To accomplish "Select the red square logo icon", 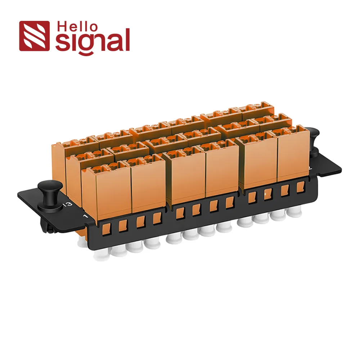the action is click(x=34, y=36).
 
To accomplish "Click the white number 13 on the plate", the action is click(x=69, y=204).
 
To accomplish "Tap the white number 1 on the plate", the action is click(x=86, y=216).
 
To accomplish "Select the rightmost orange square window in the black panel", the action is click(x=300, y=187).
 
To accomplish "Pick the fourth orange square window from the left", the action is click(x=157, y=219).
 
